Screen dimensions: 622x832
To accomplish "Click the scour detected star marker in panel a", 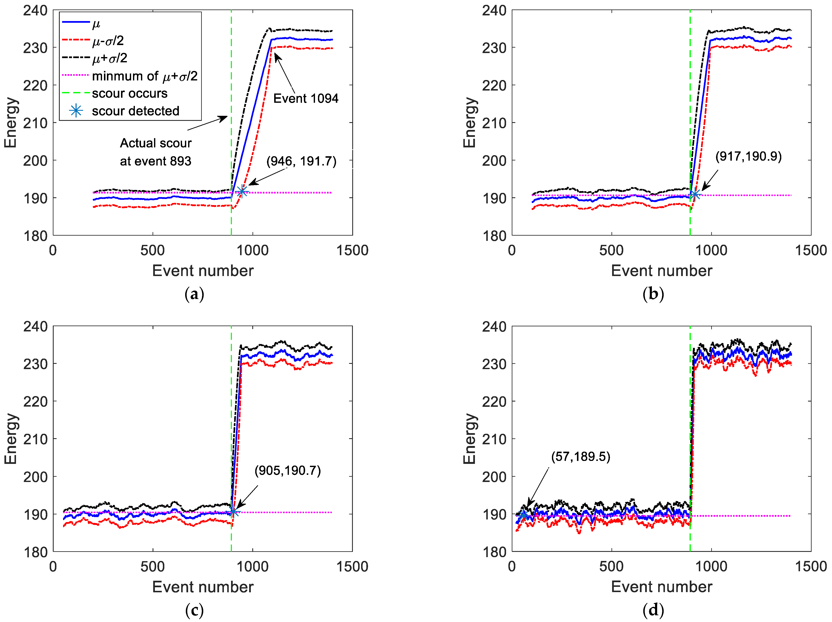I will (x=242, y=192).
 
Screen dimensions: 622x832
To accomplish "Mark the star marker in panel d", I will (x=523, y=516).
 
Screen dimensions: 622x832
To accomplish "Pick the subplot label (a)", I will (x=194, y=294).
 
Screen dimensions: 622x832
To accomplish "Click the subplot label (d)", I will (x=653, y=610).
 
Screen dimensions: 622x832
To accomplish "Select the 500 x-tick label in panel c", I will (x=152, y=566).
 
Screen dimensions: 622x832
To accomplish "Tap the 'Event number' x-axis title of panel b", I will (x=661, y=271).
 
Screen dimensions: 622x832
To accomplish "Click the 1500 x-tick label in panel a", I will (x=352, y=250).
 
